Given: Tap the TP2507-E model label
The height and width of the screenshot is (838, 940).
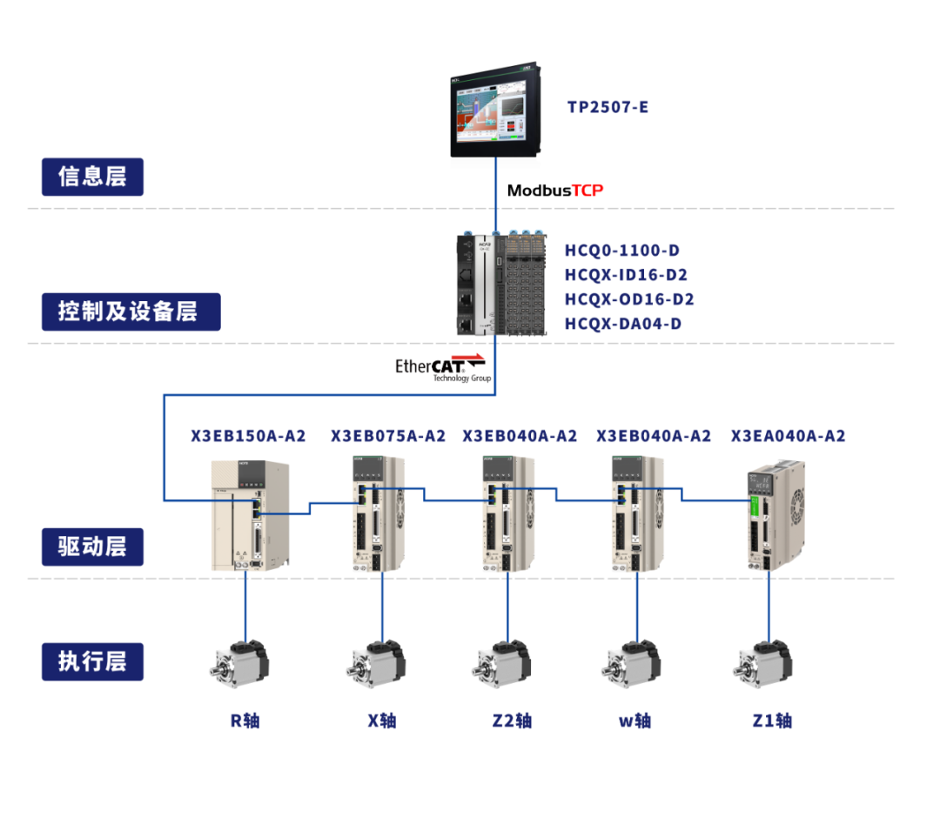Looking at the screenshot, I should point(608,108).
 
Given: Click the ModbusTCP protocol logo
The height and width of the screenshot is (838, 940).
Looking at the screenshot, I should point(555,191).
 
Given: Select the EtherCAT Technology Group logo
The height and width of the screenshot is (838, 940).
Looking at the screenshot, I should point(442,368).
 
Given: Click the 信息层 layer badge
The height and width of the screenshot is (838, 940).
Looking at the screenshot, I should point(92,177).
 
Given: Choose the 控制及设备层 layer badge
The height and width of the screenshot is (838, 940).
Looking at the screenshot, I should point(131,312).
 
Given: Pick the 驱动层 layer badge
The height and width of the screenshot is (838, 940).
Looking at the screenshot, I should point(92,546).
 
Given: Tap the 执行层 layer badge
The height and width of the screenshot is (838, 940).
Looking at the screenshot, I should point(92,661).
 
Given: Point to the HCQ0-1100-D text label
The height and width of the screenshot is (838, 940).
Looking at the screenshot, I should point(621,251).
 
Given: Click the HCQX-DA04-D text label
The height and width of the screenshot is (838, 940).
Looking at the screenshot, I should point(622,324).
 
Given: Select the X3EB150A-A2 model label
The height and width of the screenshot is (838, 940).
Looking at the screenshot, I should point(248,436).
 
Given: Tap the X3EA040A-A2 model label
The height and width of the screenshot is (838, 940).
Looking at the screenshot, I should point(788,436).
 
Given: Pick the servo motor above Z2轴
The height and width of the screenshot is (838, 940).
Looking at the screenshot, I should point(503,665).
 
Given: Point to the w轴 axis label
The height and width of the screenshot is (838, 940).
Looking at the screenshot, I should point(634,721).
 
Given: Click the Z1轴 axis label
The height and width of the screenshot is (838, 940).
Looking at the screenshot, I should point(772,721).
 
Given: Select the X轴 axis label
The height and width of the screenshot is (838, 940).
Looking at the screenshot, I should point(382,721).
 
